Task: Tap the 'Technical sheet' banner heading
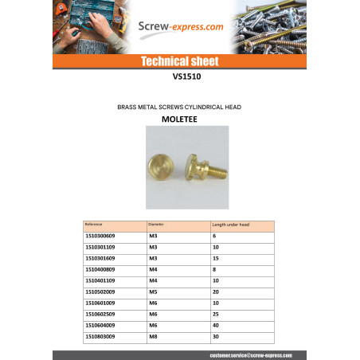(x=179, y=61)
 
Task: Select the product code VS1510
(x=179, y=78)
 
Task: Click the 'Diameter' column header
(x=156, y=225)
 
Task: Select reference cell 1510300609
(x=100, y=237)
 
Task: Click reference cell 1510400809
(x=100, y=270)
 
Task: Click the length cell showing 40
(x=216, y=326)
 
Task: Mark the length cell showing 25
(x=216, y=315)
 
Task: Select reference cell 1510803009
(x=100, y=337)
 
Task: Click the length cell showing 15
(x=216, y=259)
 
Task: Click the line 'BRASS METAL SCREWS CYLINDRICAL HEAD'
(x=179, y=105)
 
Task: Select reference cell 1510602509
(x=100, y=315)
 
